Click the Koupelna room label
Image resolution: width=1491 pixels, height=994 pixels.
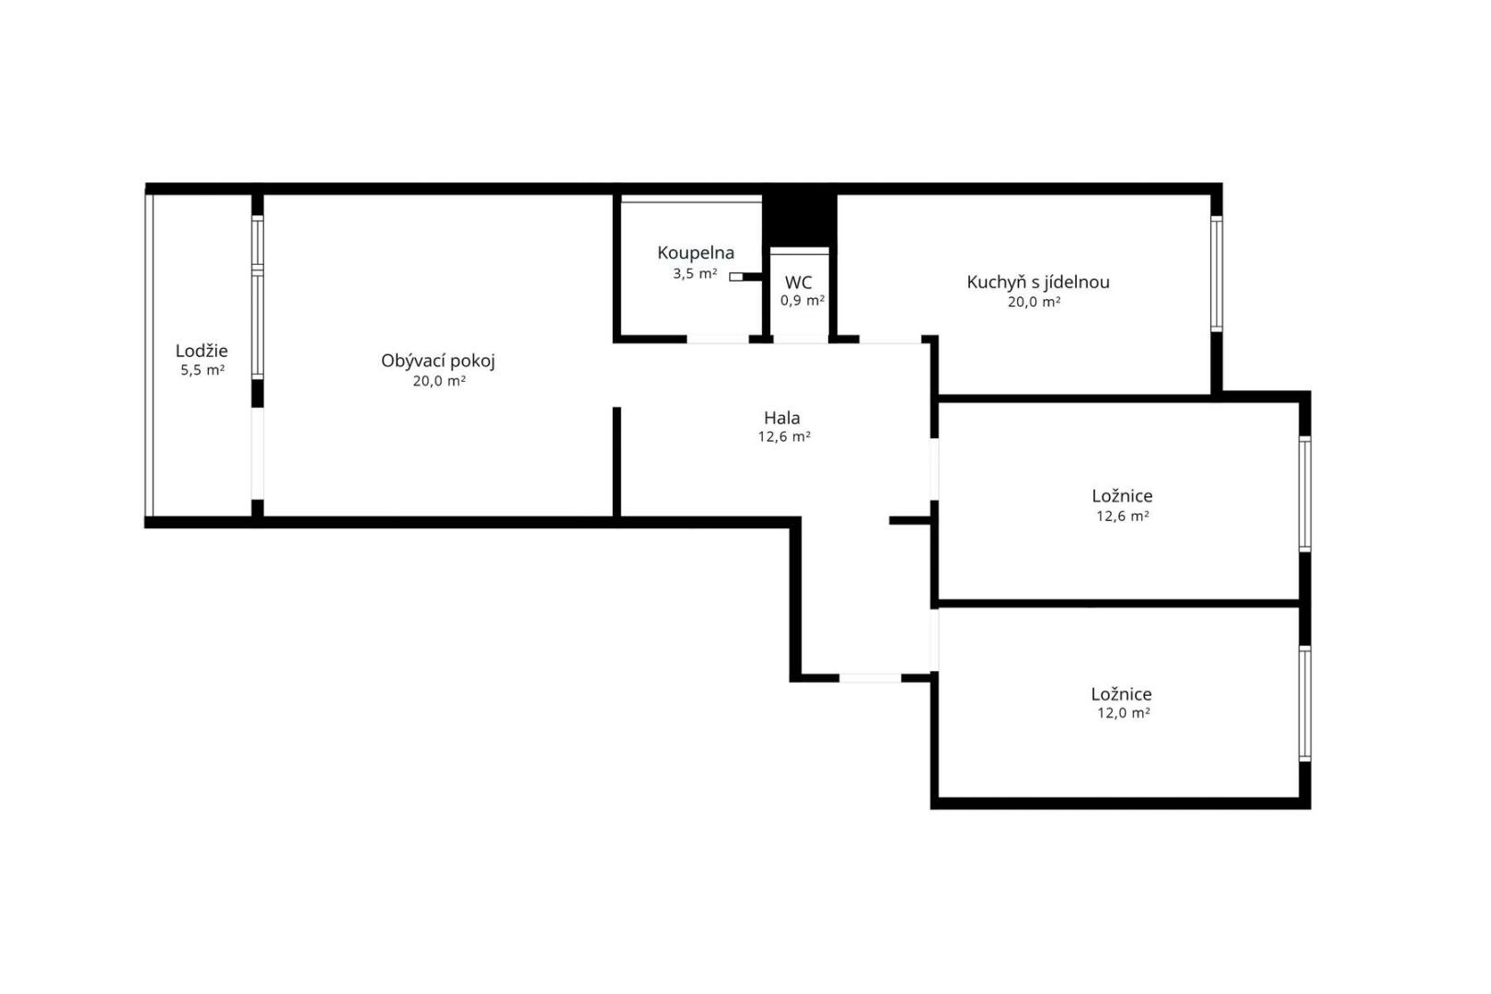point(696,254)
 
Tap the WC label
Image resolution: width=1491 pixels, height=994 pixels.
point(798,283)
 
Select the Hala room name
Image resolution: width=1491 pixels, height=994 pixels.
point(781,418)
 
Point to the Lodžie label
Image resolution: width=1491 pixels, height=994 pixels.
point(202,352)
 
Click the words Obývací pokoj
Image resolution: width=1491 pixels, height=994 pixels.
point(438,362)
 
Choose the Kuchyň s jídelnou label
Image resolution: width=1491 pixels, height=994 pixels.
point(1037,283)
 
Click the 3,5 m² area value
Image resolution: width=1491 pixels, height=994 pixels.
point(695,273)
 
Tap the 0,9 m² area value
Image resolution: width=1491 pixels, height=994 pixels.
point(802,300)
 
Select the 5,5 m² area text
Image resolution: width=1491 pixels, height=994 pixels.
point(202,370)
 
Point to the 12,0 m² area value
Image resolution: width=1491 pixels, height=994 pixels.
point(1124,713)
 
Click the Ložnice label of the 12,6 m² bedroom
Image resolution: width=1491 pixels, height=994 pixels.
point(1122,496)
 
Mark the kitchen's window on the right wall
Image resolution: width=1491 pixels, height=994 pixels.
point(1216,273)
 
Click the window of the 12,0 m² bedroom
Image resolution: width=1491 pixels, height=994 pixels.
point(1305,703)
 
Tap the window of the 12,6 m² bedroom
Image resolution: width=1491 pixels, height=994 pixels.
point(1305,494)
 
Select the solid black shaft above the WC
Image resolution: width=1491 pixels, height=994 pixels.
point(799,219)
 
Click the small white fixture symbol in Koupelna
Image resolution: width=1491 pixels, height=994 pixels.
point(736,277)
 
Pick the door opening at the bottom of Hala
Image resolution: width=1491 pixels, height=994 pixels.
point(870,677)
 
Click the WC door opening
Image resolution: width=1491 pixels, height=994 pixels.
point(801,339)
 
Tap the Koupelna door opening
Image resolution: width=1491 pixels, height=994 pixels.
point(718,339)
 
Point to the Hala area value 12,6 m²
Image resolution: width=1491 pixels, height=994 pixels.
point(784,437)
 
